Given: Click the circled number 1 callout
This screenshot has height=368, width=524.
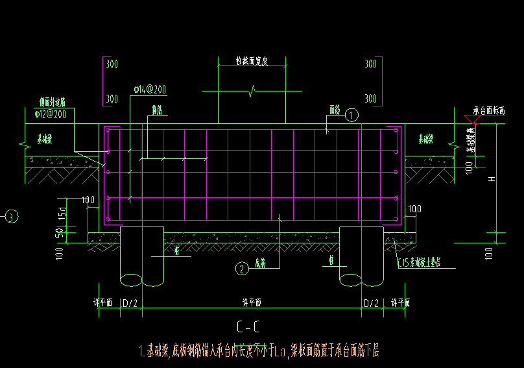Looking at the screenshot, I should pos(351,116).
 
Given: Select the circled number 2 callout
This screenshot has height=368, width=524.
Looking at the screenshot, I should pos(241,268).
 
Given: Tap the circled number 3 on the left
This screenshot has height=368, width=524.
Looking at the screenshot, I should pos(12,217).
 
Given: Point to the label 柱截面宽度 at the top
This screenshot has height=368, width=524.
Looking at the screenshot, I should pos(252,61).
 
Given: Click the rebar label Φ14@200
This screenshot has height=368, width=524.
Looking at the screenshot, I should pos(150,89).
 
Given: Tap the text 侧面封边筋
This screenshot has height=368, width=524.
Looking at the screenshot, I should pos(51,103).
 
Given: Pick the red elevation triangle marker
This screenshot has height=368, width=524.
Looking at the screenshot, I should pos(472,119).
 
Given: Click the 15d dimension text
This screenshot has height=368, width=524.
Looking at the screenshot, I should pos(62,213).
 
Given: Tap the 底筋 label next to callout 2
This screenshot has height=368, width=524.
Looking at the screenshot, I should pos(259,263).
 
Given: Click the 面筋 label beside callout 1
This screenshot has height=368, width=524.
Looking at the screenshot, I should pos(335,110).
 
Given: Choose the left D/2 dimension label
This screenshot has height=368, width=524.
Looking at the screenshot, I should pos(130,303).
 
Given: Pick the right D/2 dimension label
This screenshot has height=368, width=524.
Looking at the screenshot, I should pos(371,303).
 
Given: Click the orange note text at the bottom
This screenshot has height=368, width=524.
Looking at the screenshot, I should pos(259,352).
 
